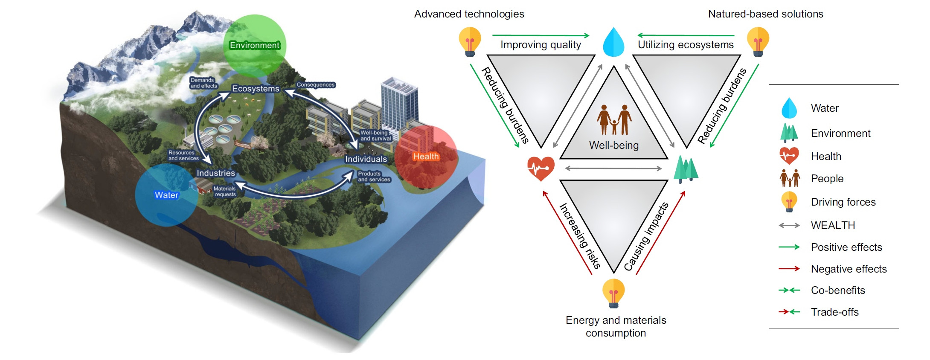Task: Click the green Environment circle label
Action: (x=255, y=45)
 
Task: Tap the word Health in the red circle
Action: (x=426, y=157)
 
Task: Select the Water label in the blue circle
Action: (x=166, y=195)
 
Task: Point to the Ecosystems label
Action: (x=256, y=89)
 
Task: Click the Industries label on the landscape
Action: (x=215, y=173)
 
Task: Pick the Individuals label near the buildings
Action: (x=366, y=159)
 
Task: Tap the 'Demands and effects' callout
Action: (x=203, y=83)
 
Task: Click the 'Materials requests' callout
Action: (x=225, y=191)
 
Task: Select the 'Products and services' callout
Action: (x=374, y=177)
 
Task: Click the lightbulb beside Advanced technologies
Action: (x=470, y=41)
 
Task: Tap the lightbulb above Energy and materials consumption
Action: (x=613, y=293)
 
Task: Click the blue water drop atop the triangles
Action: (x=613, y=42)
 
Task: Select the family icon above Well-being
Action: (x=614, y=120)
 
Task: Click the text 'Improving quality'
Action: (x=541, y=45)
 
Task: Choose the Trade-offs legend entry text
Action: (x=834, y=312)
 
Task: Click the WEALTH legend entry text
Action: (x=833, y=225)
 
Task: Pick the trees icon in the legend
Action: (x=789, y=133)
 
